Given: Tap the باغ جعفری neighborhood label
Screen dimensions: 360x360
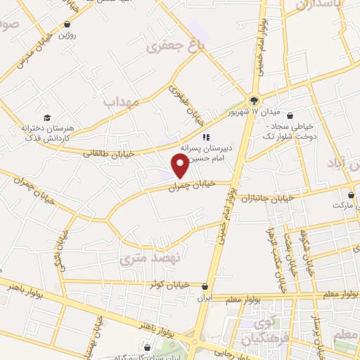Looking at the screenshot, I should [x=169, y=48].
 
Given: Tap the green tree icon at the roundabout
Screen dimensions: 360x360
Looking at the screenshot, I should [x=253, y=99].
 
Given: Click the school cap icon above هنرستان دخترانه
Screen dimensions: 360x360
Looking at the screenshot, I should [x=46, y=117].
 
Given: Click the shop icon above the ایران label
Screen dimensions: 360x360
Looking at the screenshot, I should [x=205, y=287].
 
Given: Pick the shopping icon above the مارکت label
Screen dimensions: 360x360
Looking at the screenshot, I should [x=350, y=194].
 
